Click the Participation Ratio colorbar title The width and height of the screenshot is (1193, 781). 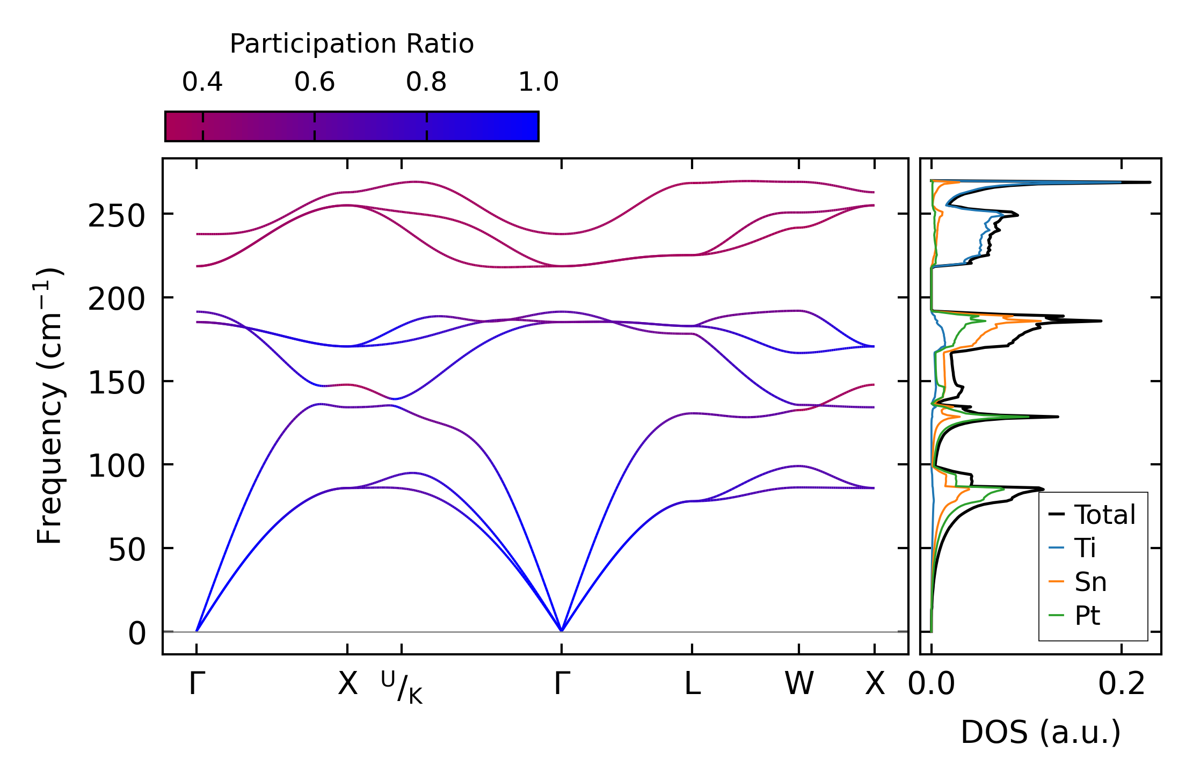click(x=352, y=44)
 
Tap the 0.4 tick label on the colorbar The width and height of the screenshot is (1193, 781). click(x=202, y=82)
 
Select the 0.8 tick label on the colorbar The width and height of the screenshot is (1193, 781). click(x=426, y=82)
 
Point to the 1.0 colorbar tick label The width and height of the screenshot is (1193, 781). click(x=539, y=82)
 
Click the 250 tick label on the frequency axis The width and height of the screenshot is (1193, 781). click(x=117, y=217)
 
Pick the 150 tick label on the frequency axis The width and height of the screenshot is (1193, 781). click(x=117, y=384)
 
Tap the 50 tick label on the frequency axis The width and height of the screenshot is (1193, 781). click(x=127, y=551)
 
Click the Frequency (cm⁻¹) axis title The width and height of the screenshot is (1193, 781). click(x=49, y=406)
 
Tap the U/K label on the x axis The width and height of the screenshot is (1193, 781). click(x=402, y=687)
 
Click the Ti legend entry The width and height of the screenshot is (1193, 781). click(x=1085, y=548)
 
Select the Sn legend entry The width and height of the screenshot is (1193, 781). click(x=1090, y=582)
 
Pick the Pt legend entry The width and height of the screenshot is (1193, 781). click(x=1087, y=616)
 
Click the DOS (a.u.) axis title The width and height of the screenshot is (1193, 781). click(x=1041, y=733)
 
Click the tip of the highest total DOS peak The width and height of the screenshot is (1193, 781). click(x=1150, y=183)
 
